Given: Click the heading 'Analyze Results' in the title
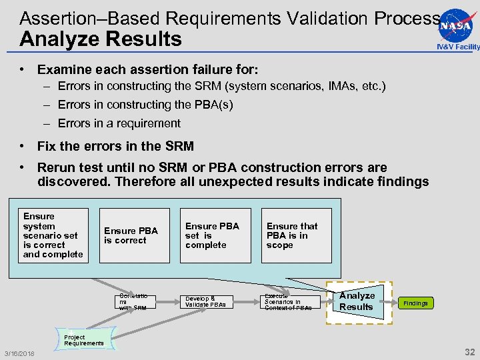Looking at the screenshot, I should point(101,39).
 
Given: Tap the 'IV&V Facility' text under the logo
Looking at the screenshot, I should point(458,47).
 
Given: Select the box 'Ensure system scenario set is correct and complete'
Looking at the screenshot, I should point(53,235).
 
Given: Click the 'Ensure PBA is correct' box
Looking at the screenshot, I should point(135,235).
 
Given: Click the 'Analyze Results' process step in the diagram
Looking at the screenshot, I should point(358,301).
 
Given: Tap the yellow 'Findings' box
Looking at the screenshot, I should point(415,303).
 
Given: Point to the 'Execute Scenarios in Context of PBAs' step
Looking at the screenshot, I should point(287,302).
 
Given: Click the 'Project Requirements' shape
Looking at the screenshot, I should point(84,339).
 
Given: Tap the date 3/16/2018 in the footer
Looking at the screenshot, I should point(19,352).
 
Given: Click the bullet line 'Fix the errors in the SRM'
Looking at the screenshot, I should point(115,146).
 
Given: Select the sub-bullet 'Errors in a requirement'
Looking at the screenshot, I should point(119,123).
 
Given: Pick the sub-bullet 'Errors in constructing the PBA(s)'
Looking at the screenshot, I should point(145,105).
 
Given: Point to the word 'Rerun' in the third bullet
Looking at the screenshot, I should point(54,167).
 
